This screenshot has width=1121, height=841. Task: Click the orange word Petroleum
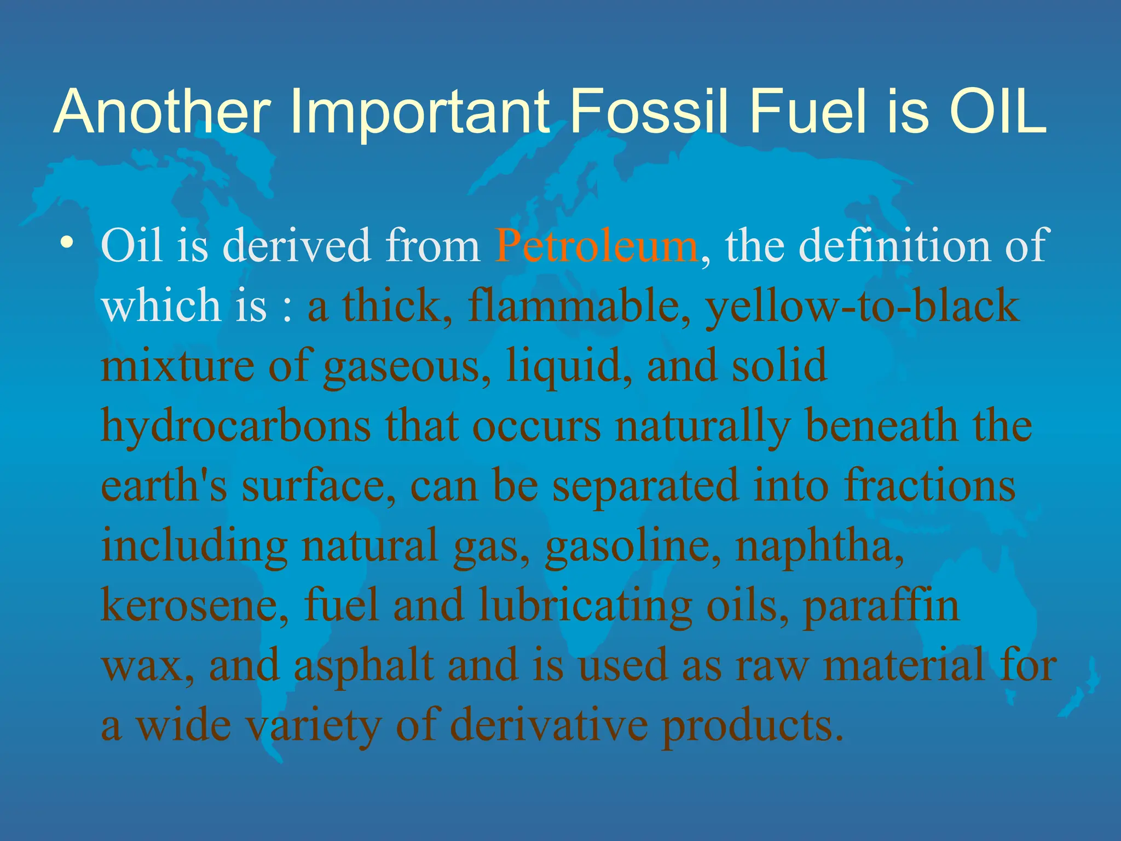(596, 246)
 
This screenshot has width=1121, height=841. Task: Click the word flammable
(578, 306)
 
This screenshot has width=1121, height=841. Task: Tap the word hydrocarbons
(236, 427)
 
